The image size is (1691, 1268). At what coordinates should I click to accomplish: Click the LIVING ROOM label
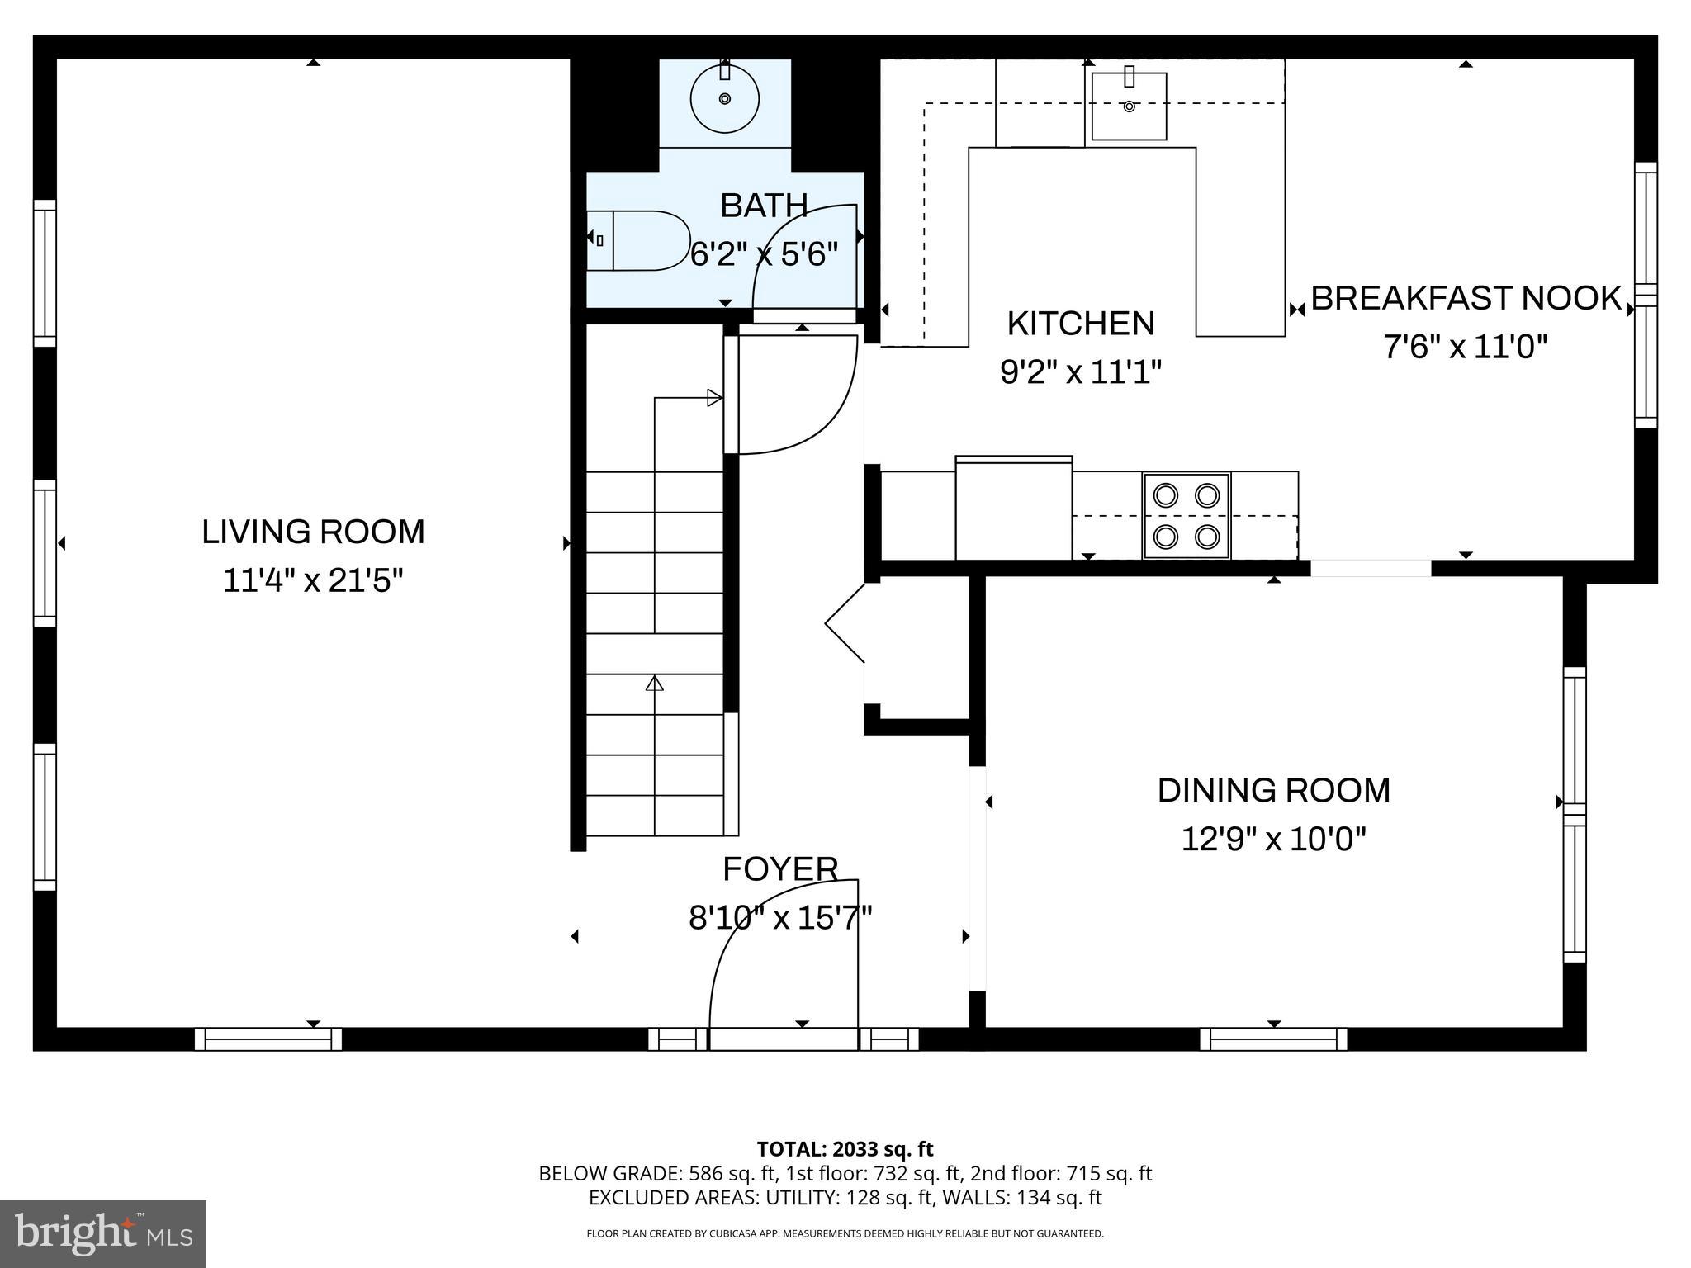pyautogui.click(x=313, y=532)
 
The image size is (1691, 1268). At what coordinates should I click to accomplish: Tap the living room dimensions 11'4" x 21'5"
pyautogui.click(x=313, y=581)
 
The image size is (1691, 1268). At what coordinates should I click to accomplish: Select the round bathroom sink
pyautogui.click(x=724, y=99)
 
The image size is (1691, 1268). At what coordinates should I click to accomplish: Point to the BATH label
pyautogui.click(x=763, y=206)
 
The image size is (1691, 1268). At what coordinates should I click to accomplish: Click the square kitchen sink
pyautogui.click(x=1129, y=106)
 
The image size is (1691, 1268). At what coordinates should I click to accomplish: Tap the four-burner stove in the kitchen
pyautogui.click(x=1186, y=516)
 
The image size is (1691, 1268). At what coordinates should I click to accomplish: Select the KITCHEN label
pyautogui.click(x=1081, y=324)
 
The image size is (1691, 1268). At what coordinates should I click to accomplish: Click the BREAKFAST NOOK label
pyautogui.click(x=1466, y=298)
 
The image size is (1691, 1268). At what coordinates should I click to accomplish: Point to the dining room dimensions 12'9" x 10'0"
pyautogui.click(x=1273, y=840)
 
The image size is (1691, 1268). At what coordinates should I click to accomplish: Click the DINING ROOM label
pyautogui.click(x=1273, y=791)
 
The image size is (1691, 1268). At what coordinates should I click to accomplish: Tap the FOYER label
pyautogui.click(x=780, y=869)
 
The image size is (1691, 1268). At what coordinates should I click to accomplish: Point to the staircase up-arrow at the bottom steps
pyautogui.click(x=655, y=684)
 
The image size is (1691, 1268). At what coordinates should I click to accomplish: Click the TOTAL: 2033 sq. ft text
pyautogui.click(x=845, y=1149)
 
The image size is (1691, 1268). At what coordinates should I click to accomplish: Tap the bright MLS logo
pyautogui.click(x=103, y=1233)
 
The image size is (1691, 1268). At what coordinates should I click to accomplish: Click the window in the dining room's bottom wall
pyautogui.click(x=1272, y=1039)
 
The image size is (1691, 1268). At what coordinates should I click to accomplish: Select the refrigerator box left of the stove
pyautogui.click(x=1014, y=509)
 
